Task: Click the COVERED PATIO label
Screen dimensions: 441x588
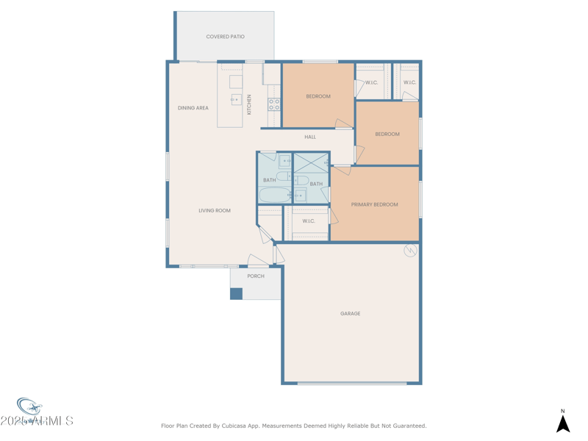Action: coord(225,36)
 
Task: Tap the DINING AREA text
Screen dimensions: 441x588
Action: coord(193,108)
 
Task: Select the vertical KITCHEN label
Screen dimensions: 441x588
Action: coord(249,104)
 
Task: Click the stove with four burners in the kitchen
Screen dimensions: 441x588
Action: coord(273,104)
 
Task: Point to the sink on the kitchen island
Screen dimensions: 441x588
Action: coord(236,99)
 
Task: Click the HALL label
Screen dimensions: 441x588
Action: coord(310,137)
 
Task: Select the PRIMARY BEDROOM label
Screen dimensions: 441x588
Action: coord(374,204)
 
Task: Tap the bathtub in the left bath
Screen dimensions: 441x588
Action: coord(274,196)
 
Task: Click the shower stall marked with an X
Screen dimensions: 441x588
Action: coord(311,162)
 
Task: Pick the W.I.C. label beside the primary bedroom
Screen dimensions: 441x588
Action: coord(309,220)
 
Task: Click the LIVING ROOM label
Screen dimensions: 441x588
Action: coord(214,210)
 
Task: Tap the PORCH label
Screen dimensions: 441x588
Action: coord(256,276)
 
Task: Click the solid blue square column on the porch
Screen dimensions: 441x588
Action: coord(236,293)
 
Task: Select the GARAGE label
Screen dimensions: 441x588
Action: coord(350,314)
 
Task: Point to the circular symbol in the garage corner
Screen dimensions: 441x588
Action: coord(410,251)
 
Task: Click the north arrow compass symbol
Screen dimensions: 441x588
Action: coord(563,423)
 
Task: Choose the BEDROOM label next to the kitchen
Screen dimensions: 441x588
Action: coord(318,96)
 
